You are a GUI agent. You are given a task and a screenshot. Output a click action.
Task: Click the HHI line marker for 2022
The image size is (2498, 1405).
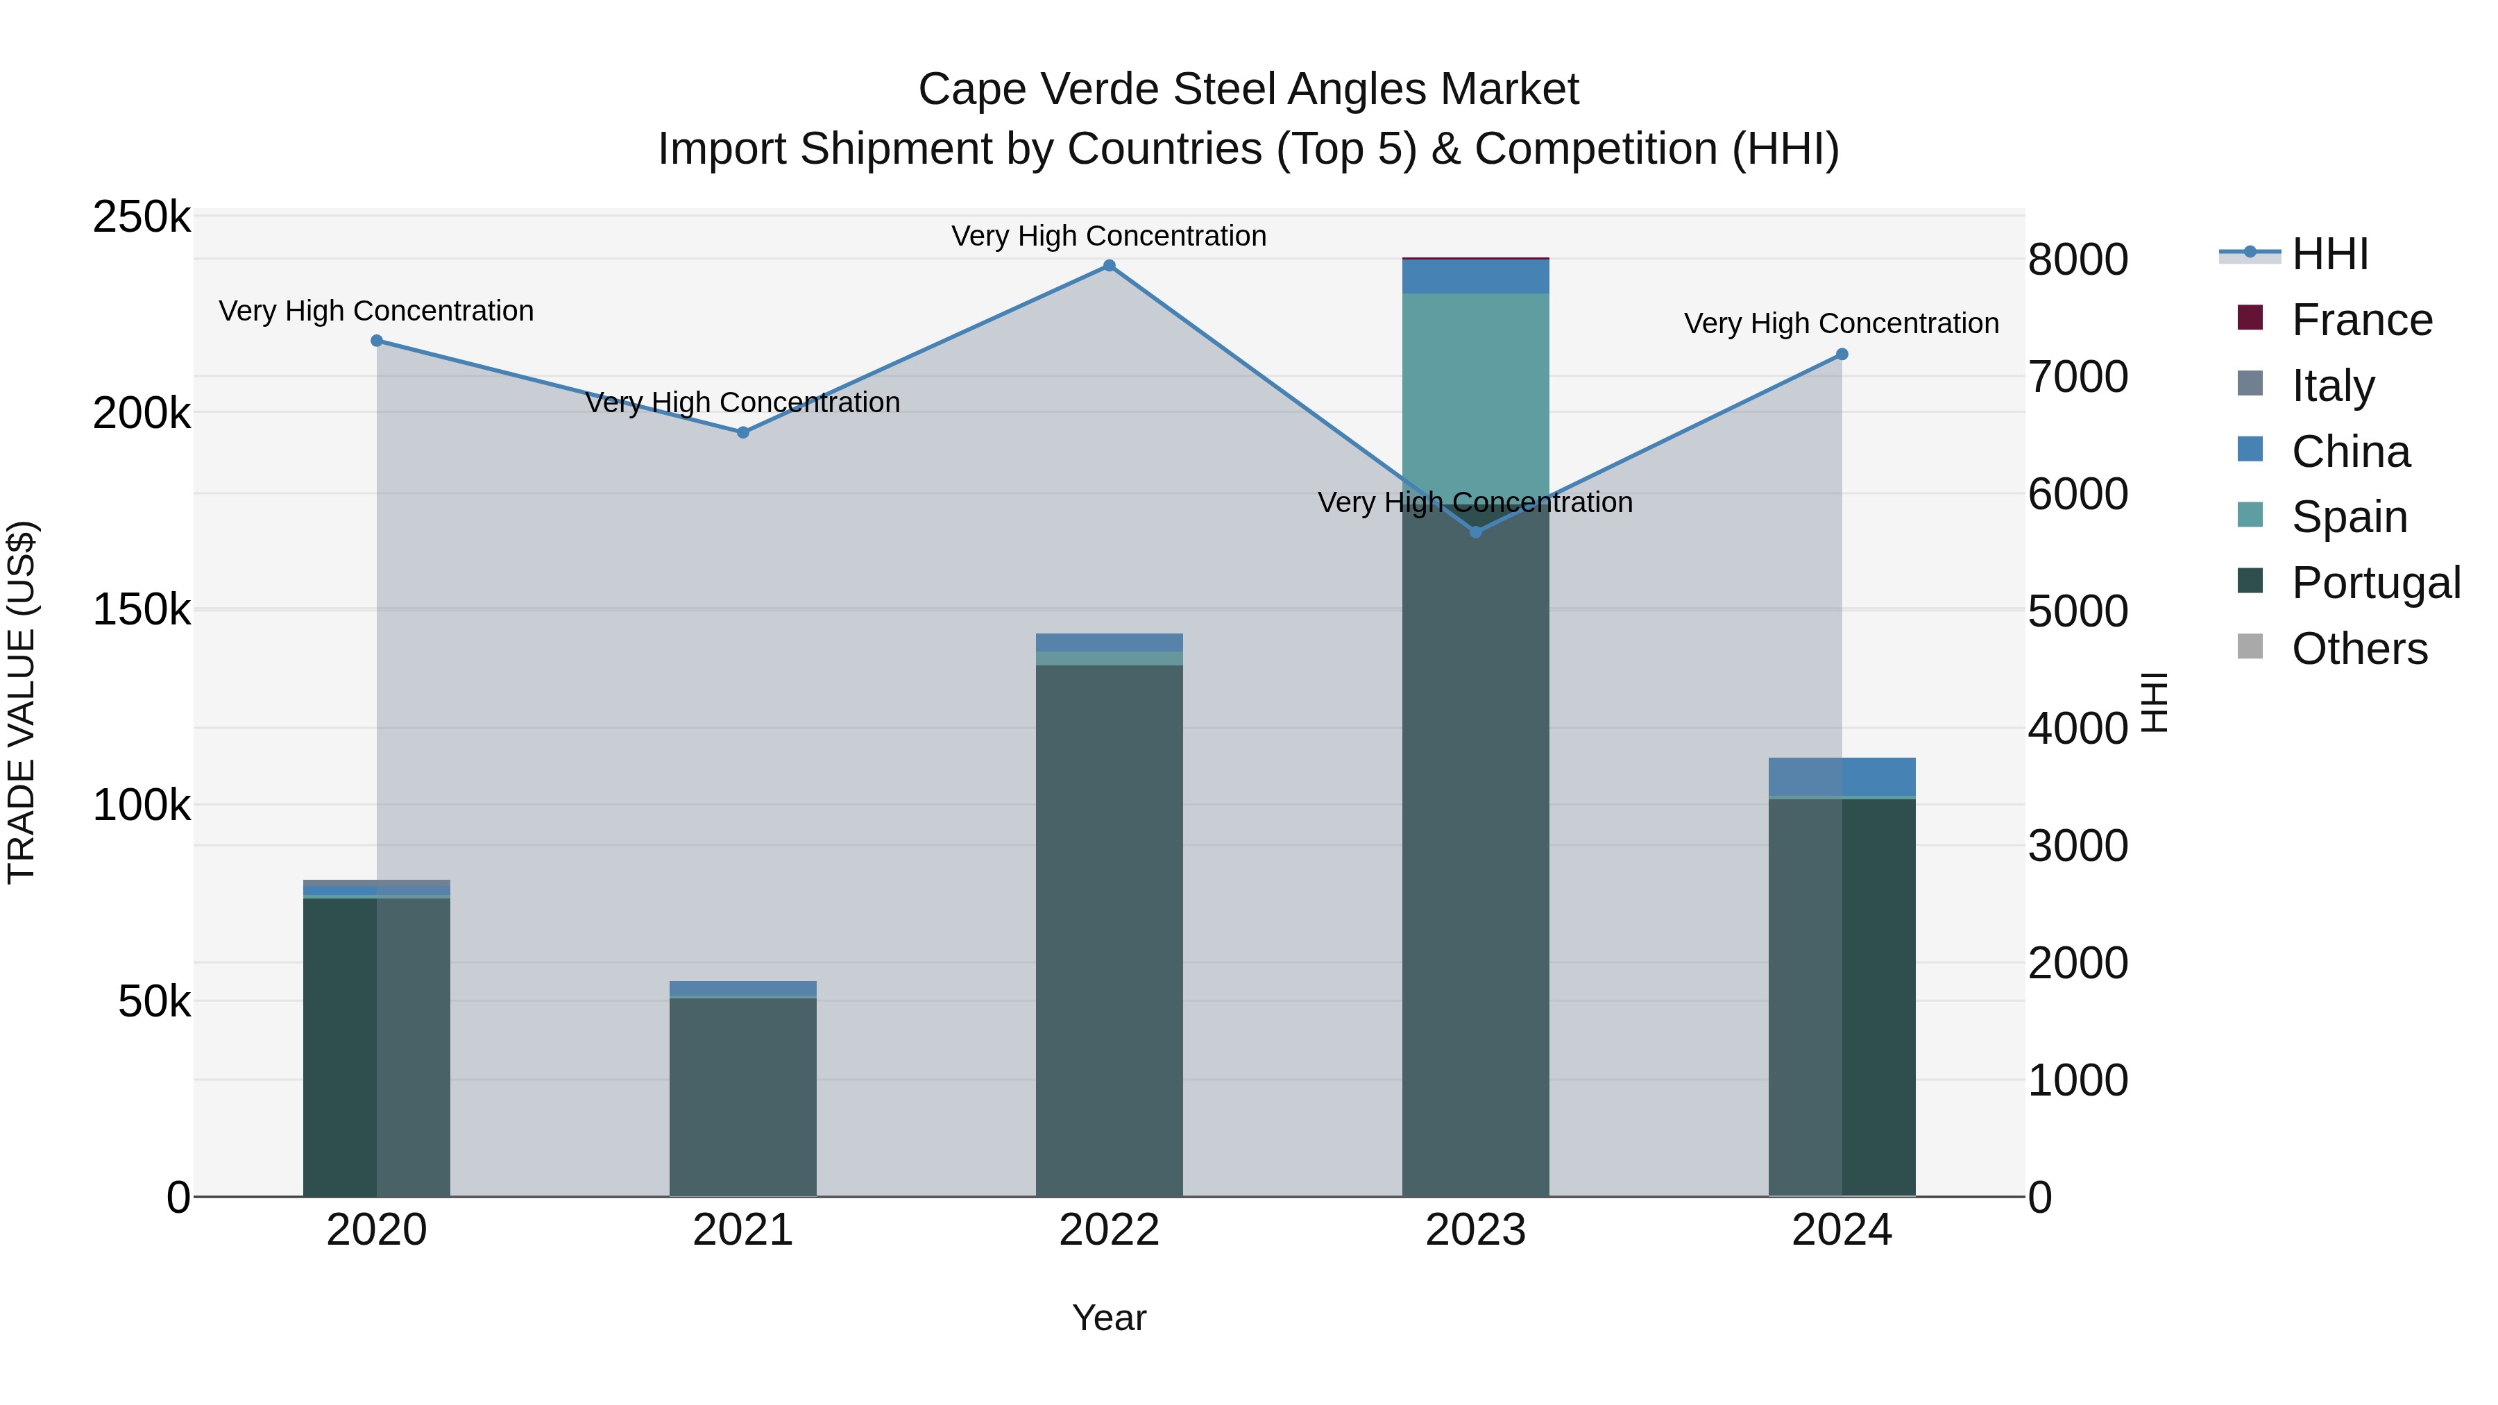(1110, 266)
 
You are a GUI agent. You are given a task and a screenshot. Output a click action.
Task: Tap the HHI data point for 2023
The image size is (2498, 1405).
(1476, 532)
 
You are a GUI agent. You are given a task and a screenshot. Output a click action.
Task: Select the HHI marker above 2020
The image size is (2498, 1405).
(377, 341)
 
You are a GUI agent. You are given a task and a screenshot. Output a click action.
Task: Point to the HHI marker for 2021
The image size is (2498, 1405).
(742, 432)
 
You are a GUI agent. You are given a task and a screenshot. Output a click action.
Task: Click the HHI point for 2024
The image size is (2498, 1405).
(1842, 355)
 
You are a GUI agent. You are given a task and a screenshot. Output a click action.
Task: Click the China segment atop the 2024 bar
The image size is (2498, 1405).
(1842, 776)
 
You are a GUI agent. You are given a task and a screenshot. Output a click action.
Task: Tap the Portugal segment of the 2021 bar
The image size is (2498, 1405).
(742, 1096)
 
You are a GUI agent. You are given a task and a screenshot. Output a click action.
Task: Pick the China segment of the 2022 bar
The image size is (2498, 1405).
(1110, 642)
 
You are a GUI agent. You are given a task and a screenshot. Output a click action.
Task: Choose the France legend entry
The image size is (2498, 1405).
(2361, 320)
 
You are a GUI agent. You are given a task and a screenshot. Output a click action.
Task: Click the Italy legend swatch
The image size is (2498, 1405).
(2250, 384)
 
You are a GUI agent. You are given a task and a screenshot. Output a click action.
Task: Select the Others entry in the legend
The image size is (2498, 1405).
(2359, 649)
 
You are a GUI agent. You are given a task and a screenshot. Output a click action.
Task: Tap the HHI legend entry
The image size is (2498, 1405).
(2329, 254)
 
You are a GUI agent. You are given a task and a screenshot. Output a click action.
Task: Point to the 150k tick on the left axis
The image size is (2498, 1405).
(142, 610)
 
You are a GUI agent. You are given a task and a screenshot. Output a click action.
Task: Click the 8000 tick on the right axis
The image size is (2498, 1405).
(2077, 260)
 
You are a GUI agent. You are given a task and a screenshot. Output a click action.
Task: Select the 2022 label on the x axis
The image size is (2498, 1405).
(1110, 1230)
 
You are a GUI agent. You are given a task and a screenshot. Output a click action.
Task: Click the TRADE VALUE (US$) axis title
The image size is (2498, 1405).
(22, 702)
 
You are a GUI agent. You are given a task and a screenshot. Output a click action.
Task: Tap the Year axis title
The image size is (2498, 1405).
(1110, 1318)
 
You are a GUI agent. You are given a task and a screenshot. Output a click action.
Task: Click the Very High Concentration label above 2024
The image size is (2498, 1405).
(1842, 323)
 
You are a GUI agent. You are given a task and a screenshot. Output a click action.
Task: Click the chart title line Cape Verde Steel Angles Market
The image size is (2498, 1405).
(1248, 90)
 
